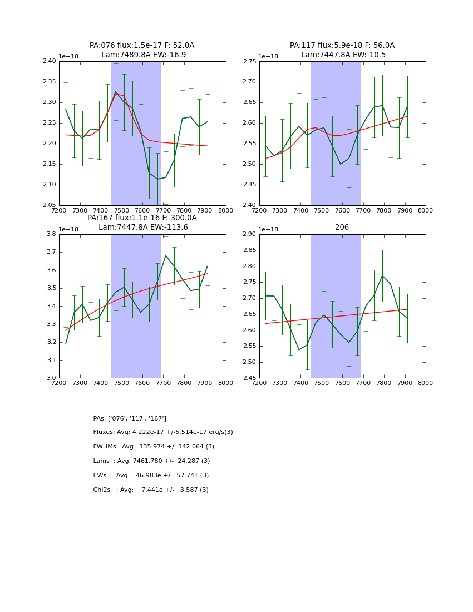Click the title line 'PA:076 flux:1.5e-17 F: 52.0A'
click(142, 46)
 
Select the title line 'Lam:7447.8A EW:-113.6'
click(143, 227)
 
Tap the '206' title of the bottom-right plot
click(342, 228)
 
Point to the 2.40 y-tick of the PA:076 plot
click(50, 61)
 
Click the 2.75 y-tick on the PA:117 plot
click(250, 61)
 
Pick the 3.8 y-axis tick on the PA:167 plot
click(51, 234)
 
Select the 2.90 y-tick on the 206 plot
click(250, 234)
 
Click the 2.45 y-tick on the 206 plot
click(250, 378)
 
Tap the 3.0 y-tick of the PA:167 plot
click(51, 378)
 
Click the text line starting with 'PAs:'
click(130, 418)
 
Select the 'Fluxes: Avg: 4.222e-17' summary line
click(163, 432)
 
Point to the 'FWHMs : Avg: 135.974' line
click(154, 447)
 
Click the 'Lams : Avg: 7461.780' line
click(151, 461)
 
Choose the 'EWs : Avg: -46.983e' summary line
click(151, 476)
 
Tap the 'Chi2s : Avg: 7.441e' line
click(151, 490)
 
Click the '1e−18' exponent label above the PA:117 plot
click(269, 56)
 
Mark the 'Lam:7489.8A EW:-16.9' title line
click(144, 55)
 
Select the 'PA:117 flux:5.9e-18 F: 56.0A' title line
click(342, 46)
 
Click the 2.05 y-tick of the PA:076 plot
click(50, 205)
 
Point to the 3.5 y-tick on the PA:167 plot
click(51, 288)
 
